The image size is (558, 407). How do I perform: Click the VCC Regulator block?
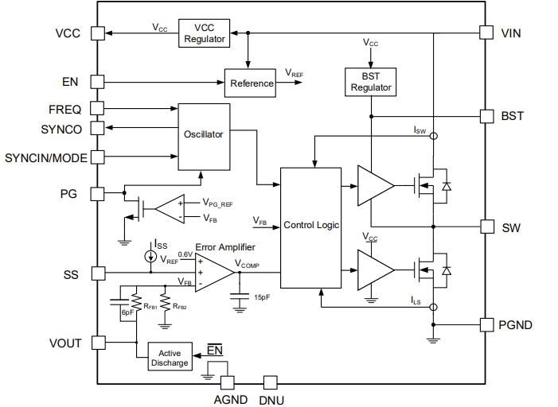[205, 33]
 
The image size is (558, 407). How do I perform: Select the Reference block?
[252, 83]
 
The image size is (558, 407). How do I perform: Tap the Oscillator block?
[203, 135]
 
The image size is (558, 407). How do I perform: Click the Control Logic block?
[311, 226]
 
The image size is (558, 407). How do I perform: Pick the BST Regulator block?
[370, 81]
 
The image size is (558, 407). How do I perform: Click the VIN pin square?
[486, 33]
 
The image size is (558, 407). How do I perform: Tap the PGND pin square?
[486, 324]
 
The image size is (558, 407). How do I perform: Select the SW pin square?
[486, 227]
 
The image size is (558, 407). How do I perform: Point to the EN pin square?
[96, 81]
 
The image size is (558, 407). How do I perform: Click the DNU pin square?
[270, 382]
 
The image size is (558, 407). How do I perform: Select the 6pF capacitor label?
[127, 313]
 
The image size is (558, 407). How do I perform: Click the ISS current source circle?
[151, 257]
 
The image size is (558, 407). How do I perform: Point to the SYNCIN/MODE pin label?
[45, 157]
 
